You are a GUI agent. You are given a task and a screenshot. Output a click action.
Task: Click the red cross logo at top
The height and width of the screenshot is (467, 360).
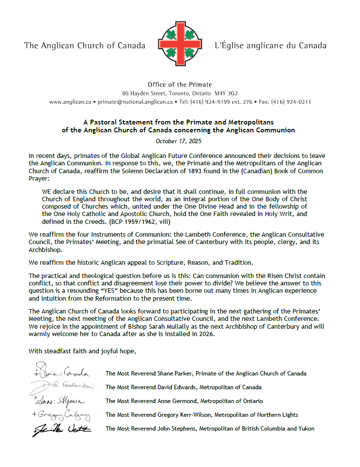(x=180, y=44)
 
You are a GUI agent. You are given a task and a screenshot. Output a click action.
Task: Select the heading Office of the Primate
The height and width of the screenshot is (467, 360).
(x=180, y=85)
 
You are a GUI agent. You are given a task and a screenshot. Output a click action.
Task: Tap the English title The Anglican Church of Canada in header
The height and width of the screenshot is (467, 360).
(x=85, y=46)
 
